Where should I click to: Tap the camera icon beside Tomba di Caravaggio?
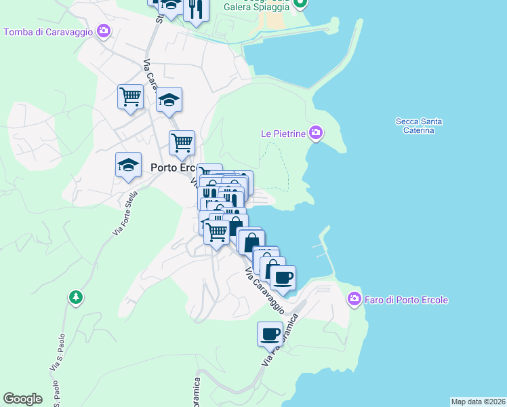click(104, 31)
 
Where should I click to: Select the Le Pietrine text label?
click(284, 134)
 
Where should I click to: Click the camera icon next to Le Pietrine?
click(315, 132)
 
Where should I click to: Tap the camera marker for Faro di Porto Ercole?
click(353, 298)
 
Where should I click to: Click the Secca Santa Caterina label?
click(419, 125)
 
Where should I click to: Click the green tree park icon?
click(75, 297)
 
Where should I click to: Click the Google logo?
click(22, 399)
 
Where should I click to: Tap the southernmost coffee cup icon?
click(270, 334)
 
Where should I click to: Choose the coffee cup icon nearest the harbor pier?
click(283, 277)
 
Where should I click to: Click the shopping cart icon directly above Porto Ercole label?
click(182, 142)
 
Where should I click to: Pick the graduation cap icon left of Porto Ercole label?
click(127, 165)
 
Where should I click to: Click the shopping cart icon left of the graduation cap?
click(130, 96)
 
